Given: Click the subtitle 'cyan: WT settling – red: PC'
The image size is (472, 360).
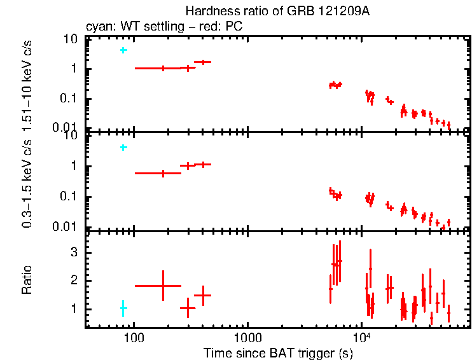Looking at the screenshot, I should [x=164, y=27].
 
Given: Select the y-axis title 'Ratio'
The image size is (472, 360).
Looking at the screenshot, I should [x=27, y=280].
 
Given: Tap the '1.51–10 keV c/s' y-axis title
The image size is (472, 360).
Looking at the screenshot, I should [x=27, y=83].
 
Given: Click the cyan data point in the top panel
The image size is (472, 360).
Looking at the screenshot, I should [x=123, y=50].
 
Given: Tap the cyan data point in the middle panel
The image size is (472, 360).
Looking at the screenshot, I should [x=123, y=148].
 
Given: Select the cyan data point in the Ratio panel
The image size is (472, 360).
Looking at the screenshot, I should [x=123, y=308].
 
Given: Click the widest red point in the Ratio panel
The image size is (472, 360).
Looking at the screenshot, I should [x=163, y=286].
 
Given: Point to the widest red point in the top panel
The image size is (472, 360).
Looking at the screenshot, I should [x=163, y=68].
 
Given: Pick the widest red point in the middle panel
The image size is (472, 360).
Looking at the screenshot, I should [x=163, y=173].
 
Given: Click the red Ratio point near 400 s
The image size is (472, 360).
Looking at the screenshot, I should [x=203, y=295].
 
